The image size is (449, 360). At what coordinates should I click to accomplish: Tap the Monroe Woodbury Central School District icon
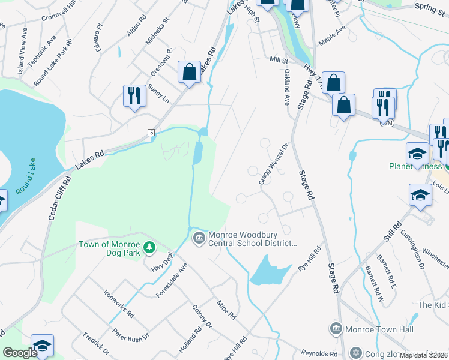click(199, 239)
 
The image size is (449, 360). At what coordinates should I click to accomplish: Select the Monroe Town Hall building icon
click(335, 328)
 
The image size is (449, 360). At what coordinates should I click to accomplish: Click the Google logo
click(20, 353)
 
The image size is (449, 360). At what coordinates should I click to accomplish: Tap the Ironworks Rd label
click(119, 305)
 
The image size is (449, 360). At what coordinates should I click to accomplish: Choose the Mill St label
click(279, 60)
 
